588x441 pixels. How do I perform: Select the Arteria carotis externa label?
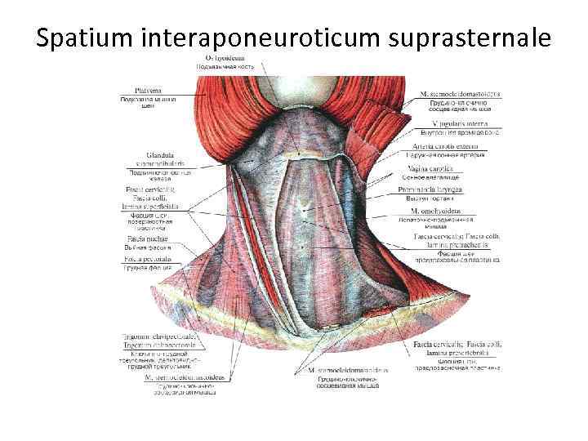click(446, 145)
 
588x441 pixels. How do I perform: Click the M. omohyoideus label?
click(445, 210)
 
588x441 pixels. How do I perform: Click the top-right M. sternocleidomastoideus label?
click(460, 93)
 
